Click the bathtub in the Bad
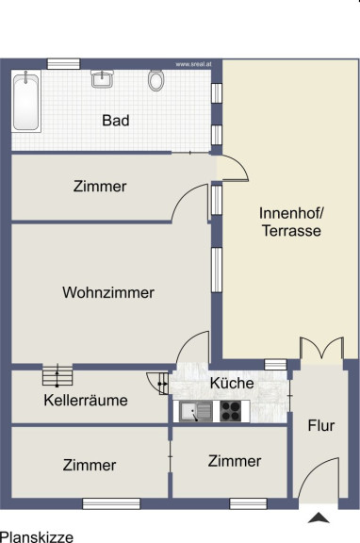click(x=26, y=101)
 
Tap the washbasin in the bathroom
click(x=102, y=78)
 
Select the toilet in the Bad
click(x=156, y=80)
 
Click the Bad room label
click(x=116, y=121)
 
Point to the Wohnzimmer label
click(x=108, y=292)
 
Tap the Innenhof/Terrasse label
click(x=291, y=222)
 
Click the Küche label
click(x=232, y=383)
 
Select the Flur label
click(x=321, y=425)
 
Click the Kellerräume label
click(x=86, y=401)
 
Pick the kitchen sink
click(x=196, y=411)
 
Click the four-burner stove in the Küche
click(x=231, y=411)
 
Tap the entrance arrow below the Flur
click(x=319, y=518)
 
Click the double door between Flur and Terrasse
click(x=321, y=349)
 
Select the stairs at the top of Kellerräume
click(x=57, y=375)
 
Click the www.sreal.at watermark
click(x=193, y=64)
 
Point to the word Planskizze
click(x=37, y=537)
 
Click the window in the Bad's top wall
click(x=63, y=64)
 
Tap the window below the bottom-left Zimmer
click(x=111, y=503)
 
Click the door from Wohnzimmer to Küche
click(x=193, y=347)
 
